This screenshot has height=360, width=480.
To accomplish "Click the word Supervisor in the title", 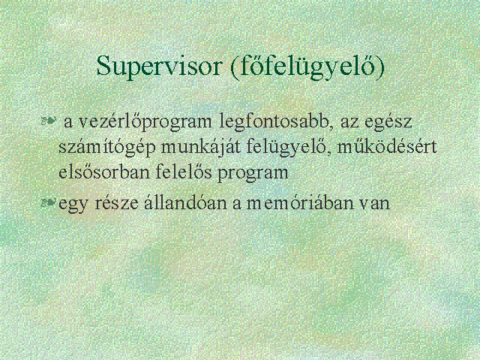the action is [x=158, y=67].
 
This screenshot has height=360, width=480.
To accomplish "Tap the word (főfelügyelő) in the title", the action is [x=307, y=67].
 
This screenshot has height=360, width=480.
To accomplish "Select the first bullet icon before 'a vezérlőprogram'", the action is [x=49, y=121].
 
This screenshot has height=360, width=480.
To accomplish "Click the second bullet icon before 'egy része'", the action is [x=49, y=202].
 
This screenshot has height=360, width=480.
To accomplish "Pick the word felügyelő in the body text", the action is [x=288, y=148].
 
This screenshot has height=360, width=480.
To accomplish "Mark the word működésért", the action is [x=387, y=147].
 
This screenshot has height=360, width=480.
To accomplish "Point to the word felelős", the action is [x=183, y=172].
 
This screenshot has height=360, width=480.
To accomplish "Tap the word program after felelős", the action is [x=253, y=173].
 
